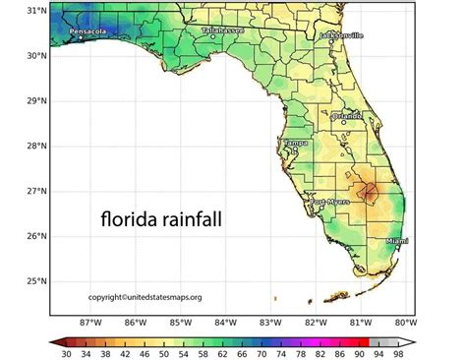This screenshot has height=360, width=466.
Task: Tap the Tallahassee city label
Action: [222, 30]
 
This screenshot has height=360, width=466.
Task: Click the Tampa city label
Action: [295, 144]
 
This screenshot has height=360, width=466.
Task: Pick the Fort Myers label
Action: [330, 202]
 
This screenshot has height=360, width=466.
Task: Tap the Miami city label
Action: [398, 240]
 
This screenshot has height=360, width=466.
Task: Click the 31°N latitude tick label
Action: [35, 10]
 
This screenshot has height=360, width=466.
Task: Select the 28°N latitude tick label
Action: [35, 146]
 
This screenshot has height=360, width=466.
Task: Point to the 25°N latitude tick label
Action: [35, 281]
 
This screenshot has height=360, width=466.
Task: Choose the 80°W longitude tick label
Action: [404, 322]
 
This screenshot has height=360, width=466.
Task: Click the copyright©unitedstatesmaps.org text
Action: [146, 297]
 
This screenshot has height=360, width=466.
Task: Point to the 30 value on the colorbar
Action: [66, 353]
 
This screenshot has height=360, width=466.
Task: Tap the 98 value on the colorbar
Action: [397, 353]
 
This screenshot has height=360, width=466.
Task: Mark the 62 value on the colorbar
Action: [222, 353]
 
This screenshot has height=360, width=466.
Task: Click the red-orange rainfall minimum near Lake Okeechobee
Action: [367, 191]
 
